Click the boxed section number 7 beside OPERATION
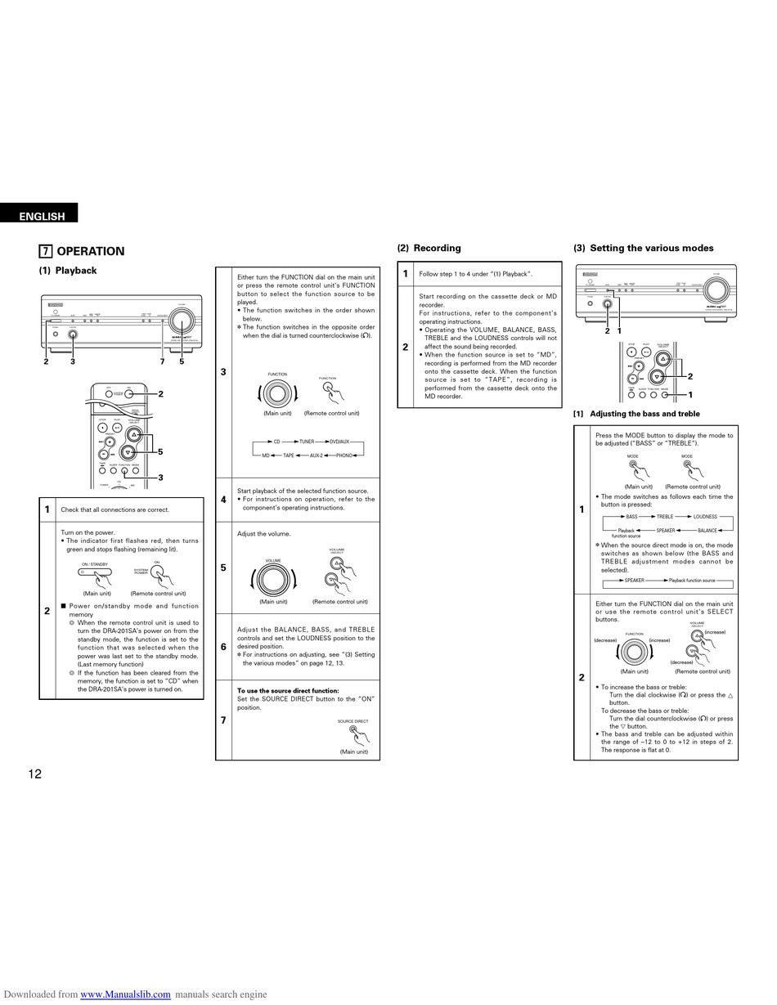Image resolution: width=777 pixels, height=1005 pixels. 47,251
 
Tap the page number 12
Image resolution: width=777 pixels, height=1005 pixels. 34,774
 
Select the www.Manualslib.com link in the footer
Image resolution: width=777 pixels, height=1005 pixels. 125,994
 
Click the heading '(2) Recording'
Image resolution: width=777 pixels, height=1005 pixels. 429,248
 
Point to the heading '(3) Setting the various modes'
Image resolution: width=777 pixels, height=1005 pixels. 643,248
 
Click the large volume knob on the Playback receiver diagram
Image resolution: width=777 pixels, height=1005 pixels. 182,324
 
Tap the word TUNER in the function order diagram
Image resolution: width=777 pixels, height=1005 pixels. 307,442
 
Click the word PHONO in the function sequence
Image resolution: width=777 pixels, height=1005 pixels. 344,455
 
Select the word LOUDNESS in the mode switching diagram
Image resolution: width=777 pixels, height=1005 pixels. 704,517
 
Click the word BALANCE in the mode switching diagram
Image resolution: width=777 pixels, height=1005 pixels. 707,531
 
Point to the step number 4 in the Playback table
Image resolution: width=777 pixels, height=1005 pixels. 223,499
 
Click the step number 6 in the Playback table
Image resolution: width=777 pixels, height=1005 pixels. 223,647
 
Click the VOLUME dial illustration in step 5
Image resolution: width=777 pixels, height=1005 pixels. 273,580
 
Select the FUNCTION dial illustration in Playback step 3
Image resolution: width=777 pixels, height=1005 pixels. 277,394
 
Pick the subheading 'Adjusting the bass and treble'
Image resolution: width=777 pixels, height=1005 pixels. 645,414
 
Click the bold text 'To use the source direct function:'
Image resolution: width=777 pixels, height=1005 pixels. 287,691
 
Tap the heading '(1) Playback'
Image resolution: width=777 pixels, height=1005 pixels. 68,271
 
